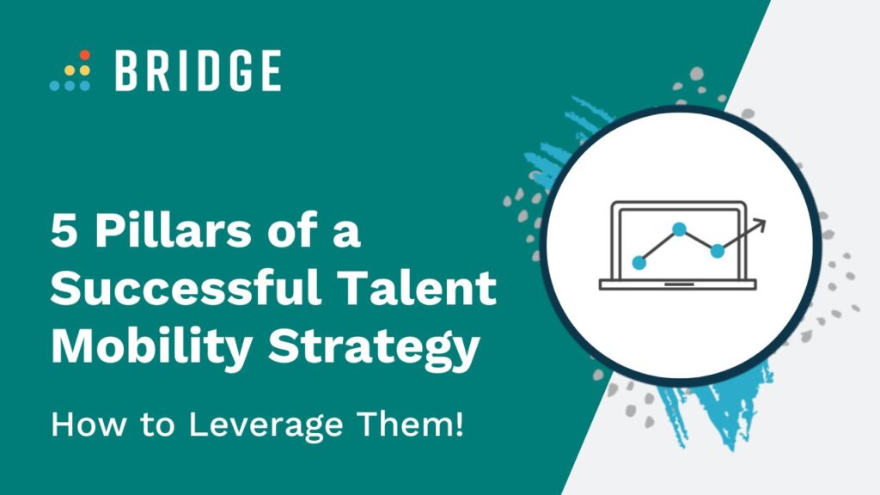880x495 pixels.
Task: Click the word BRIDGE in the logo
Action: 198,70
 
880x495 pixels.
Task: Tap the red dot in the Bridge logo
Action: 85,55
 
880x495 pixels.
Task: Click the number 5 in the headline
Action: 64,231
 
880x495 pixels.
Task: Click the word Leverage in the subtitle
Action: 266,425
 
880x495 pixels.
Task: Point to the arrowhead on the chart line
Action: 759,226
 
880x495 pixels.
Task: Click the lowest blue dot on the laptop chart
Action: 639,262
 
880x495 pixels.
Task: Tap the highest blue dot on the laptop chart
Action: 679,229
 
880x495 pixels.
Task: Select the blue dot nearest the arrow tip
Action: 718,251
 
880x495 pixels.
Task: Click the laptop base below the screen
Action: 678,284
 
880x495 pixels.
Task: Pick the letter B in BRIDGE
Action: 125,70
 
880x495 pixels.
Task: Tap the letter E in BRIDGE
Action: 271,70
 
